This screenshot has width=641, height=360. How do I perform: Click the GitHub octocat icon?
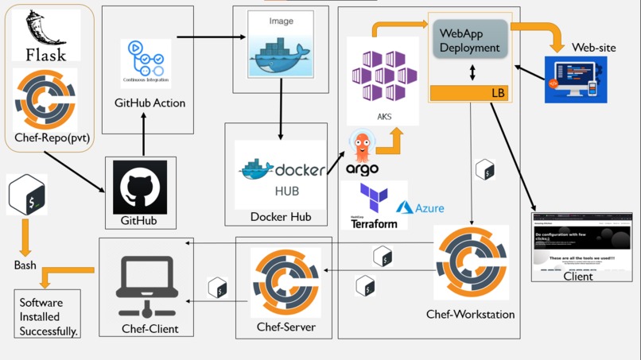coord(140,188)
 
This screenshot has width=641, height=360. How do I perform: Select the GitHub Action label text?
coord(150,103)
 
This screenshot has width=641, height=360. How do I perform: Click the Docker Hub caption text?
coord(281,216)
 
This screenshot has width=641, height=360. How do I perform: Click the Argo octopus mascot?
coord(362,149)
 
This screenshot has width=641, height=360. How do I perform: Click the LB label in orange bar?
coord(498,93)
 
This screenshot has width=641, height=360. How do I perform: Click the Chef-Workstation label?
coord(470,314)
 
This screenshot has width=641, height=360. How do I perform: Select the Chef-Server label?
coord(286,327)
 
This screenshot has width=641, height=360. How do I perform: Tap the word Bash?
coord(25,265)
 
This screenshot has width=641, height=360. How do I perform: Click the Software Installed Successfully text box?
coord(48,315)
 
